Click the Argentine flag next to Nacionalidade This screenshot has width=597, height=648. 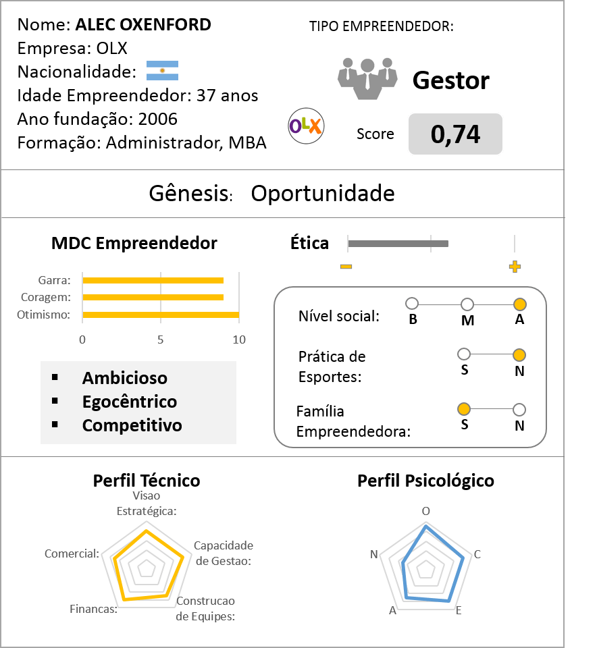[x=162, y=71]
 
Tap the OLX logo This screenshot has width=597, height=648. [x=306, y=126]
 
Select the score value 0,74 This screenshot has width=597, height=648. [x=455, y=134]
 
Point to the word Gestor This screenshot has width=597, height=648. [x=450, y=80]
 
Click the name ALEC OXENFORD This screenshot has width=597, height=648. [x=143, y=25]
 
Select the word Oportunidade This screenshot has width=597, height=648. [x=322, y=194]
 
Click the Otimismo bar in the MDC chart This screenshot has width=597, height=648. [x=161, y=315]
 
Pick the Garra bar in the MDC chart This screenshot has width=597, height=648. [x=153, y=280]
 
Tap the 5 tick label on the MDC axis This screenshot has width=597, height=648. [x=161, y=340]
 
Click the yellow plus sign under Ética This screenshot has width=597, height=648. [x=515, y=267]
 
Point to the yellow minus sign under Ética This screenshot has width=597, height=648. [x=346, y=267]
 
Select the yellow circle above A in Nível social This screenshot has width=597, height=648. [x=519, y=304]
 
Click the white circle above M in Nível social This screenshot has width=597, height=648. [x=467, y=304]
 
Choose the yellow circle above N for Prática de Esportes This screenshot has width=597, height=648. [x=519, y=354]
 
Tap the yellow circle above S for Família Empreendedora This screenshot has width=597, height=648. [x=464, y=409]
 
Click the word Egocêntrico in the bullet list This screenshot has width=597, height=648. [x=130, y=402]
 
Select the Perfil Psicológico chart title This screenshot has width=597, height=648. [x=425, y=481]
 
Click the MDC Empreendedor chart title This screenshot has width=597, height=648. [x=134, y=243]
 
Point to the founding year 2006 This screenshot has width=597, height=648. [x=157, y=119]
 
